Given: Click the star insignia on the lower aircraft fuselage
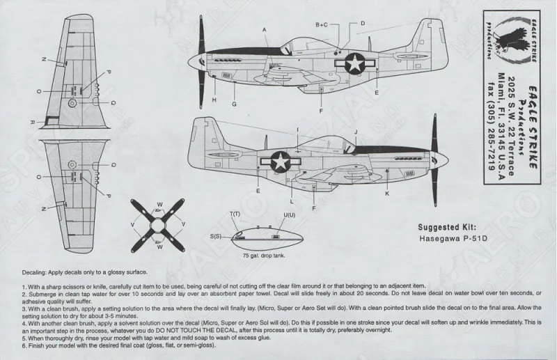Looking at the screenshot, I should (280, 161).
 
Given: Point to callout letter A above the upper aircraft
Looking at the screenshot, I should (265, 29).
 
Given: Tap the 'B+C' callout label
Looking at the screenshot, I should (321, 24).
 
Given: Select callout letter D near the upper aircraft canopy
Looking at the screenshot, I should (362, 24).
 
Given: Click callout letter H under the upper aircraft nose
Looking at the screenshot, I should (214, 100).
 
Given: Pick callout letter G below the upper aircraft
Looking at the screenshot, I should (235, 104).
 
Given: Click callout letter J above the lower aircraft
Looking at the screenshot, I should (355, 132).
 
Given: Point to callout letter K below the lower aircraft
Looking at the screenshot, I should (387, 193).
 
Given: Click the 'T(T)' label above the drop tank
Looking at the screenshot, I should (235, 212).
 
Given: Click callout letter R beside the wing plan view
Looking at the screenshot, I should (33, 121).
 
